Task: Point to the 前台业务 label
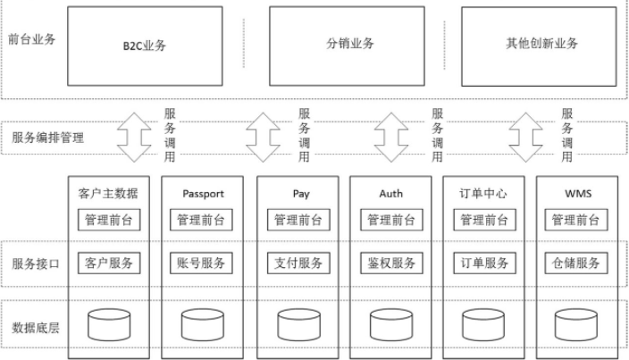click(x=31, y=39)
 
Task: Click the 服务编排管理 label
click(x=48, y=138)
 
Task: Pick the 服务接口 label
click(x=37, y=264)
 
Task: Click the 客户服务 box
click(x=109, y=263)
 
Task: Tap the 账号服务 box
click(x=201, y=263)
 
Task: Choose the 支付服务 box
click(x=298, y=263)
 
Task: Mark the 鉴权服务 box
click(x=391, y=263)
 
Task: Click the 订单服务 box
click(x=485, y=263)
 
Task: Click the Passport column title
click(x=201, y=193)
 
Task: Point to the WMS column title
click(x=578, y=193)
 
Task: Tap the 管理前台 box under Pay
click(x=298, y=220)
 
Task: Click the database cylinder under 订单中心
click(x=485, y=323)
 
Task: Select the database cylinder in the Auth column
click(x=391, y=323)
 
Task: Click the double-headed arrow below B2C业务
click(x=133, y=138)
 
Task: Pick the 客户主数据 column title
click(x=109, y=193)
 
